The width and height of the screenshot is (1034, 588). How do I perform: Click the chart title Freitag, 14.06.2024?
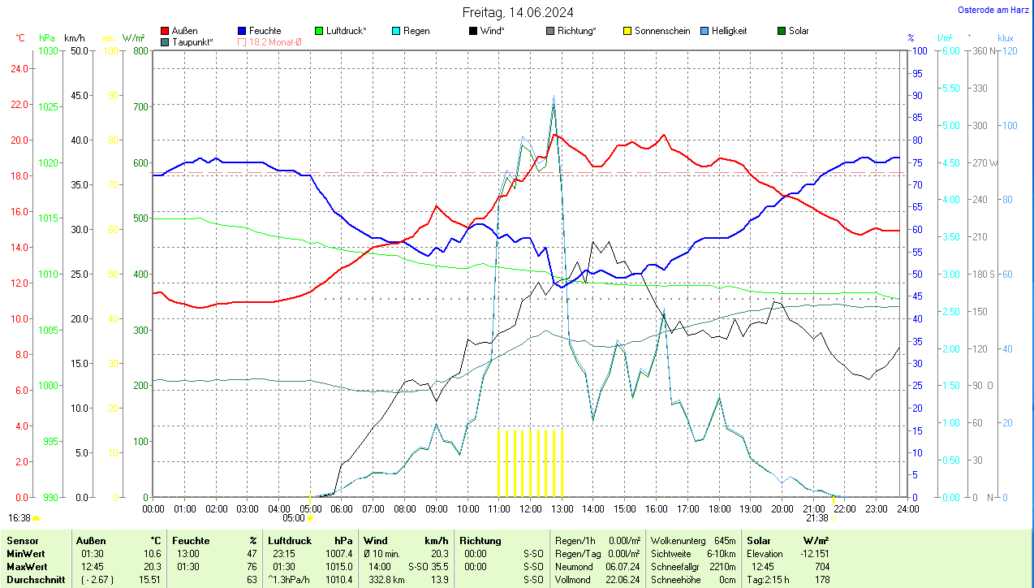(518, 12)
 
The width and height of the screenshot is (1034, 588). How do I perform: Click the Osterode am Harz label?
(994, 10)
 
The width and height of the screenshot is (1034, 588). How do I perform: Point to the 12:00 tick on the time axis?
(530, 508)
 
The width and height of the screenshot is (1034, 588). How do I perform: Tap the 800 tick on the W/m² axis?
(140, 51)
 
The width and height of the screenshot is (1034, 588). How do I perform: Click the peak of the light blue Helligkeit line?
(554, 96)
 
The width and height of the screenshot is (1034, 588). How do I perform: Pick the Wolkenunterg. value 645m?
(725, 540)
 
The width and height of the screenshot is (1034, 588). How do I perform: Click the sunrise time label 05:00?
(293, 517)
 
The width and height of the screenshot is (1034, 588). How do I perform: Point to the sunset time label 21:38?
(817, 517)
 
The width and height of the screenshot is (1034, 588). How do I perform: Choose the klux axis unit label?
(1006, 37)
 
